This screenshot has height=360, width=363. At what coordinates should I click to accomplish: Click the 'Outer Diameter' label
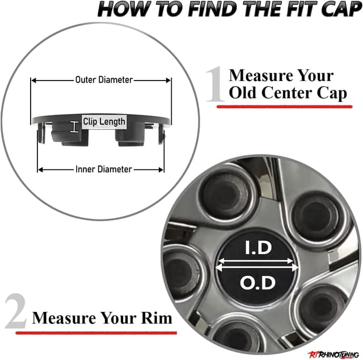click(x=104, y=80)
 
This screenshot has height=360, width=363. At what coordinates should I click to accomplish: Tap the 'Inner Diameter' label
click(x=103, y=169)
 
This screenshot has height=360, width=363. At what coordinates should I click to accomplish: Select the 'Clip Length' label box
click(x=104, y=121)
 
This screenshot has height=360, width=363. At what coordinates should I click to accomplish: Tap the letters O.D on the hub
click(x=259, y=282)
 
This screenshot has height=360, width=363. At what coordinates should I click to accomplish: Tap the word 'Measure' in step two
click(x=59, y=317)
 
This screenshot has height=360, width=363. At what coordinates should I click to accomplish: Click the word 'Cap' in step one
click(x=331, y=93)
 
